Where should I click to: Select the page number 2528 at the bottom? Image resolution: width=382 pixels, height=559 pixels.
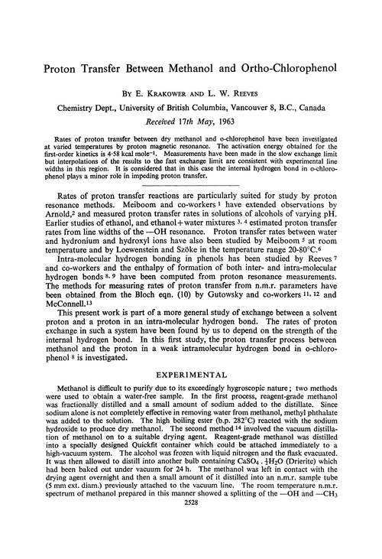191,548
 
